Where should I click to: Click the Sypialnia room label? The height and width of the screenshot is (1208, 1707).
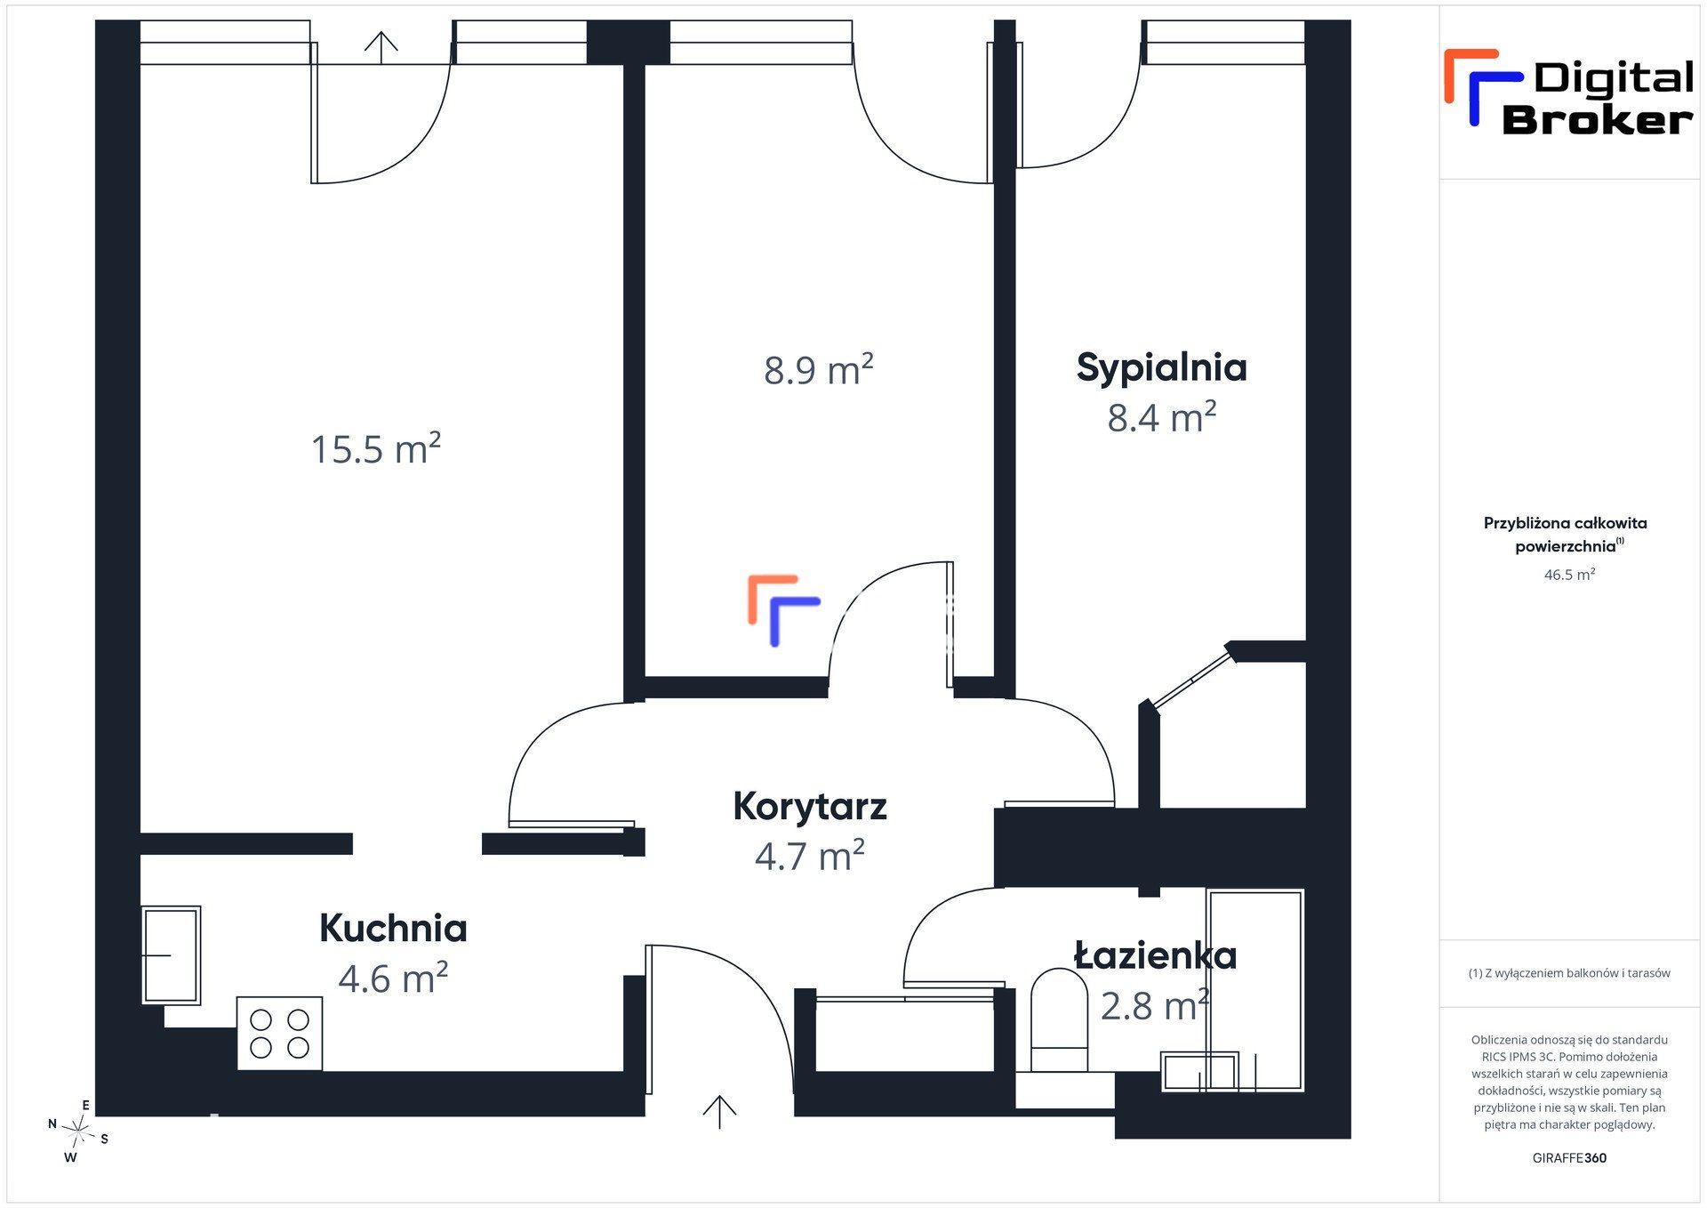1161,368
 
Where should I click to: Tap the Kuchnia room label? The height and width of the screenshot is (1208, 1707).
393,928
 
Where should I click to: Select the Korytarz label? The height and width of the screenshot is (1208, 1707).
810,807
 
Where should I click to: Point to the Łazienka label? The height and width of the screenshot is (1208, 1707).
1155,955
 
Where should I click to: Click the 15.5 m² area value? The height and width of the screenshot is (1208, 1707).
375,448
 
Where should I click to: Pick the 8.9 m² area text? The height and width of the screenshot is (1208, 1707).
818,369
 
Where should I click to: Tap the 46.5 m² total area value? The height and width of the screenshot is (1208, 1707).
1569,575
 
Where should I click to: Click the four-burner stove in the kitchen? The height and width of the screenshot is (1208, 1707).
279,1033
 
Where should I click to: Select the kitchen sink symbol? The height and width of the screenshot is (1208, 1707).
171,955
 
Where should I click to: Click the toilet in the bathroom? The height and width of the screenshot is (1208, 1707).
1059,1019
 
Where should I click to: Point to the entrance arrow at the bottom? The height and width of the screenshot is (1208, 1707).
719,1112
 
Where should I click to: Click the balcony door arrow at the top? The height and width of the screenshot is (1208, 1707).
381,47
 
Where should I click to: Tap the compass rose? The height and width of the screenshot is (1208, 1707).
78,1131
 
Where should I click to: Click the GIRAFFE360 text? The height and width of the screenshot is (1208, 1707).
1569,1158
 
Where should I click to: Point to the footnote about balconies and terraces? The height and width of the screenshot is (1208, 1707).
1569,973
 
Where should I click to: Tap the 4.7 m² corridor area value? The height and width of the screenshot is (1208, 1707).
809,856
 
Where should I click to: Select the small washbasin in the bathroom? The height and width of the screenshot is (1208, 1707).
1199,1072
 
